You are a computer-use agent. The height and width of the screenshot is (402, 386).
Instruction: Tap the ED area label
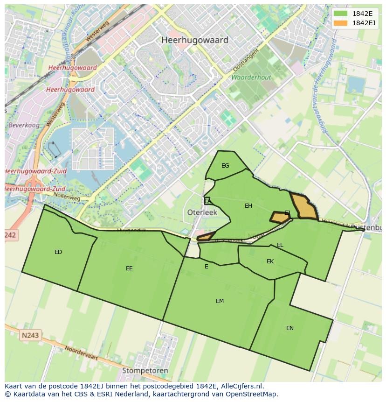tap(58, 252)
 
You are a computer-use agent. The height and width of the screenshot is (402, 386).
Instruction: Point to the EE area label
tap(129, 268)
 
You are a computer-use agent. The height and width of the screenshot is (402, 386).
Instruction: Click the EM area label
tap(220, 301)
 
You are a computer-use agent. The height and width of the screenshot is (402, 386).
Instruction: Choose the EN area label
tap(290, 328)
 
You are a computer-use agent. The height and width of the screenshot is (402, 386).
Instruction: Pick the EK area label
tap(270, 261)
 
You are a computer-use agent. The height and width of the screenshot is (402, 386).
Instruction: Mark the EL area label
tap(280, 245)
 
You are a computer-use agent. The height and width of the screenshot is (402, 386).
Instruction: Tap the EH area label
tap(248, 206)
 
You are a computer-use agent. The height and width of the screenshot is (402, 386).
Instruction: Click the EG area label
tap(225, 166)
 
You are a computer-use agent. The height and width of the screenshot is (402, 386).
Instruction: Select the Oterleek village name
tap(202, 212)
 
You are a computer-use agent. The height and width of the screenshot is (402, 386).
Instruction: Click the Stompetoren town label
tap(145, 371)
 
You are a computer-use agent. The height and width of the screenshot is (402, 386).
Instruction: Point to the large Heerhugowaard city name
tap(195, 40)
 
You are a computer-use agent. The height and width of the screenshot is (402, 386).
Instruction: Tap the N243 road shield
tap(30, 335)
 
